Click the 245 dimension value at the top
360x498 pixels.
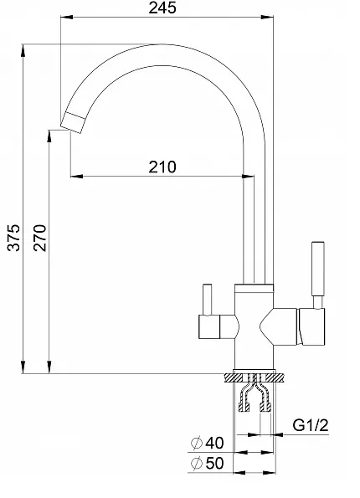pyautogui.click(x=162, y=8)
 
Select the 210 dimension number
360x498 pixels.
pyautogui.click(x=162, y=167)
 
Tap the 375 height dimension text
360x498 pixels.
pyautogui.click(x=13, y=238)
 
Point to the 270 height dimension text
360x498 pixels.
pyautogui.click(x=40, y=238)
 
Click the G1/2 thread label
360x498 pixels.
pyautogui.click(x=310, y=425)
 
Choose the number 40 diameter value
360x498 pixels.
pyautogui.click(x=215, y=443)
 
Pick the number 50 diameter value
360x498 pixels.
pyautogui.click(x=215, y=463)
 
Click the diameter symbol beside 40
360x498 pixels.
pyautogui.click(x=197, y=443)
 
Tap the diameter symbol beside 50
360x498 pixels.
pyautogui.click(x=197, y=464)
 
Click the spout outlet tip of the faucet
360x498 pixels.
pyautogui.click(x=74, y=123)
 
